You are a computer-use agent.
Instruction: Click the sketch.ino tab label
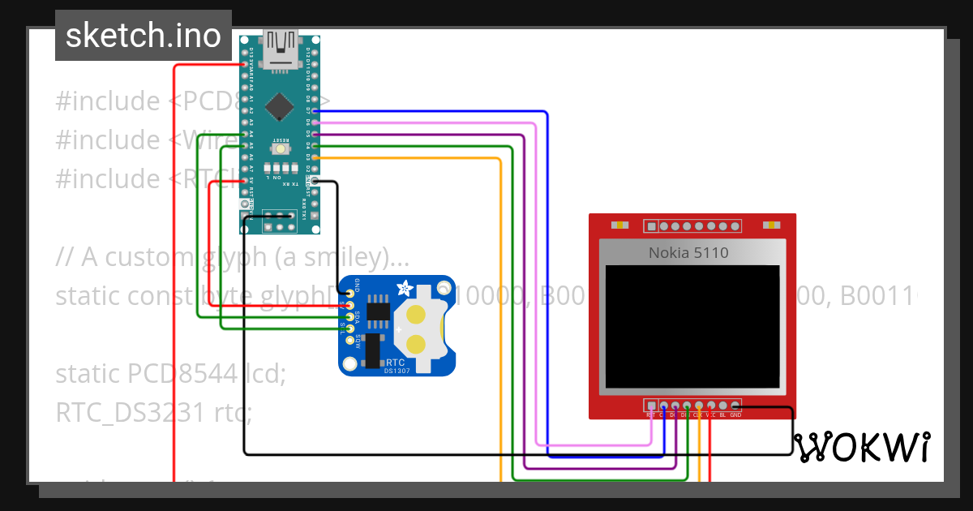click(144, 36)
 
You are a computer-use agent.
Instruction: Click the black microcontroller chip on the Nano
click(279, 105)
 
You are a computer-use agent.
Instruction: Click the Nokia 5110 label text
click(688, 253)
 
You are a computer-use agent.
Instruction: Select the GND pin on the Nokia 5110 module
click(735, 406)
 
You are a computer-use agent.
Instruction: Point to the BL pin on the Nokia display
click(722, 406)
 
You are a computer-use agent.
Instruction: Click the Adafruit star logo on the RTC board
click(403, 288)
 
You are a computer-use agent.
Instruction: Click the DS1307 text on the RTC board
click(397, 371)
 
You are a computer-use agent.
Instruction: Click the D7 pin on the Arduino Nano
click(315, 110)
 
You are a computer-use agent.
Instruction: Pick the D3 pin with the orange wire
click(315, 157)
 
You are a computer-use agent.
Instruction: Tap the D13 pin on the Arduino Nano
click(245, 64)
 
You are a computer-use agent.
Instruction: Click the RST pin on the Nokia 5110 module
click(651, 406)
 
